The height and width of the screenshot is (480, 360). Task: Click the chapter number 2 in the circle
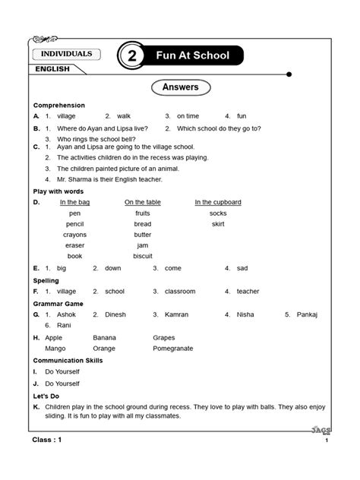(x=132, y=57)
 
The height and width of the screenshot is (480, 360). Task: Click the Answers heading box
(x=180, y=87)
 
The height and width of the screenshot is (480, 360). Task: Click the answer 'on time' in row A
(x=188, y=116)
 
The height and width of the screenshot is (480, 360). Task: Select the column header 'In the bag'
(x=74, y=202)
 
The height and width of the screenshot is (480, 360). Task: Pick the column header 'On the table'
(x=144, y=202)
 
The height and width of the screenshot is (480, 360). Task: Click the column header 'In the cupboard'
(x=218, y=202)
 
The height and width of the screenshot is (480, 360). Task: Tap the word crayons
(x=74, y=235)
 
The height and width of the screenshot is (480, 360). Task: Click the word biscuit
(x=143, y=256)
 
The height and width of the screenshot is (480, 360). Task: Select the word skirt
(x=218, y=224)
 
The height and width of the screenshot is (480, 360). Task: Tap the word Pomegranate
(x=172, y=348)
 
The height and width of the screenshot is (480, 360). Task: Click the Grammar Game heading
(x=58, y=303)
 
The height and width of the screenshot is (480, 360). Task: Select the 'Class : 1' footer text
(x=51, y=440)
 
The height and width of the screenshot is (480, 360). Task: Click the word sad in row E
(x=242, y=268)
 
